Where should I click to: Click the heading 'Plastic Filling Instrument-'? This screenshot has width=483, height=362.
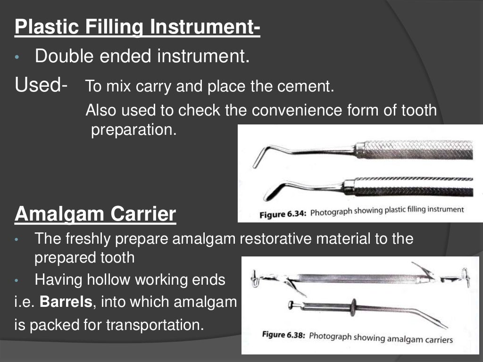pos(137,27)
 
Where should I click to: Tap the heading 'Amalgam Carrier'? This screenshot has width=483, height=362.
pos(95,214)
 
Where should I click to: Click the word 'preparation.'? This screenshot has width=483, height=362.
pos(133,130)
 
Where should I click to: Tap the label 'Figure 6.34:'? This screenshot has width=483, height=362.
pos(283,214)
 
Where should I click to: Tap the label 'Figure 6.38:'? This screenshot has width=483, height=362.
pos(283,337)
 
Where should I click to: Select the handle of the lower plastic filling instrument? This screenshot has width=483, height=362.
pos(410,187)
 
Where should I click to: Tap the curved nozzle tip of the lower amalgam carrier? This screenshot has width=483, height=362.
pos(441,325)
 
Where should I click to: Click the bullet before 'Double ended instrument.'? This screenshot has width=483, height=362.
pos(17,58)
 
